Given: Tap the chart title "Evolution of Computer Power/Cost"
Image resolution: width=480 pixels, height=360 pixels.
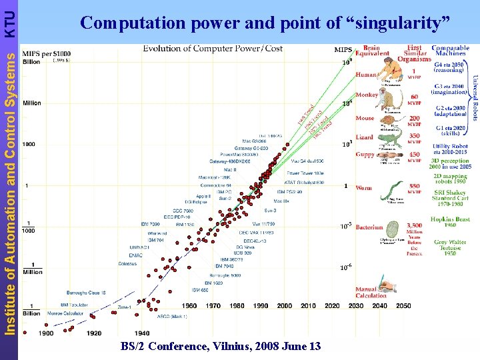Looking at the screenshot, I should coord(213,49).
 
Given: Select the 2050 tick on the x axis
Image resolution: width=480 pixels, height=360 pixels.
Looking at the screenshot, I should coord(404,306).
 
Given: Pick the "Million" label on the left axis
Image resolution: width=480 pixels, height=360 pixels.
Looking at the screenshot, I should coord(32,103).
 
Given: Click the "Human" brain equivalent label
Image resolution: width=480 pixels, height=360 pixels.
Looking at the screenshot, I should coord(366,75).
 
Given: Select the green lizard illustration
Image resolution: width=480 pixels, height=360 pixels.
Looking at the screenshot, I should coord(391,139).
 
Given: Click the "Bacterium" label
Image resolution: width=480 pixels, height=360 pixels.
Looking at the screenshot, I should coord(369,227).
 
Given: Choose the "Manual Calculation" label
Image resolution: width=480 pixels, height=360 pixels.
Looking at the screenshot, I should coord(370,293).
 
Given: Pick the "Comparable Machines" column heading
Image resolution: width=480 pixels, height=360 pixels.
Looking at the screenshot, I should coord(450,51).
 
